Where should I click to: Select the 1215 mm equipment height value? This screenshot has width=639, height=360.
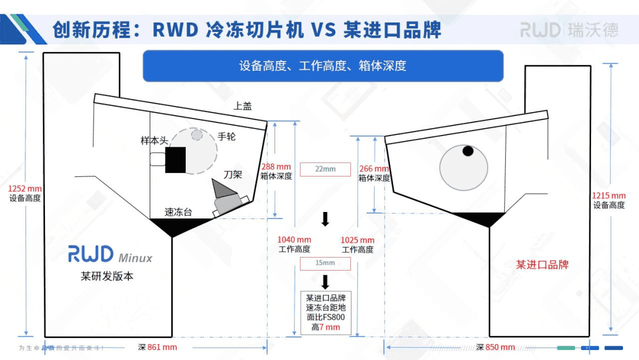(609, 195)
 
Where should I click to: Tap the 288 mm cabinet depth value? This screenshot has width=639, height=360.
(276, 167)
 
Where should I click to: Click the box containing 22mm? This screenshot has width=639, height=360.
(325, 169)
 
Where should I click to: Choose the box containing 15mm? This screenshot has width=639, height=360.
(325, 263)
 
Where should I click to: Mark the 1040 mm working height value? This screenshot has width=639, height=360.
(294, 240)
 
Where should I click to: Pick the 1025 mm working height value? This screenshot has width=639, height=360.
(357, 240)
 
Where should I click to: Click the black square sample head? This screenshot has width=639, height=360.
(175, 159)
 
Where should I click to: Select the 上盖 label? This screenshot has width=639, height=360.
(243, 106)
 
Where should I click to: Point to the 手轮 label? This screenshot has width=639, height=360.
(227, 136)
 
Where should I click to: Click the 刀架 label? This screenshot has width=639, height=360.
(233, 175)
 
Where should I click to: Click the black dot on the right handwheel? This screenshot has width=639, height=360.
(468, 151)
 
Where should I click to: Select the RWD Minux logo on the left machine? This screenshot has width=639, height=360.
(110, 255)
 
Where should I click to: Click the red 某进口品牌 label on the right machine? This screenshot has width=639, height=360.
(542, 265)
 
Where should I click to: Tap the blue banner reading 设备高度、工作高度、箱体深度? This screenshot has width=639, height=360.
(323, 66)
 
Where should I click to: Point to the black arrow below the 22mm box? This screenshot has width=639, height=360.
(325, 220)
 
